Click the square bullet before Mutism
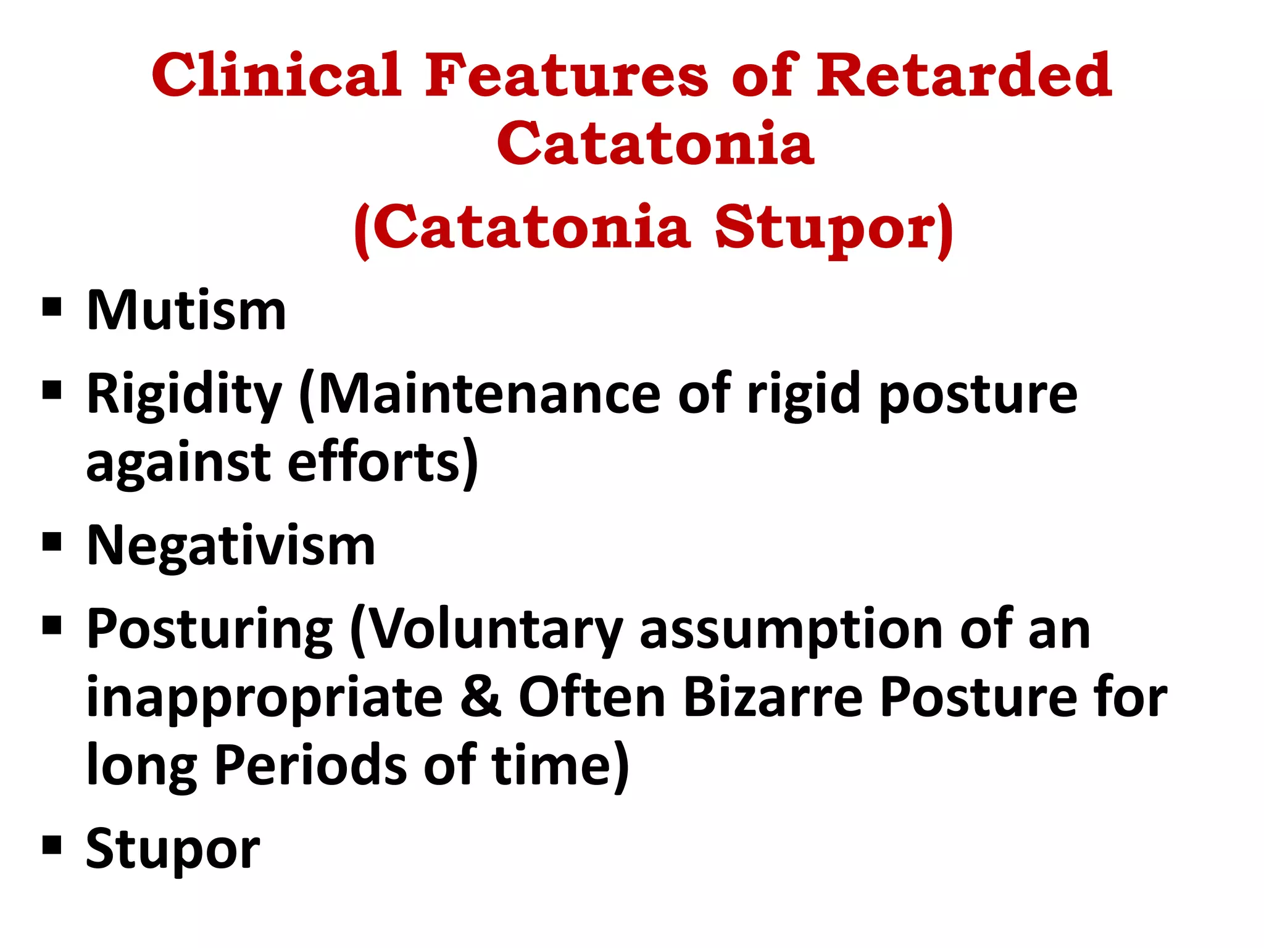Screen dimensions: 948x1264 pos(52,307)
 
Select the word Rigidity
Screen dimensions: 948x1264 pos(184,396)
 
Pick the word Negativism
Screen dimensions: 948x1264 pos(231,546)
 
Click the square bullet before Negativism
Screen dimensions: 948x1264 pos(52,542)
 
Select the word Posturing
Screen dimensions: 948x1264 pos(210,631)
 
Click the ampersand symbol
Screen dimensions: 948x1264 pos(481,697)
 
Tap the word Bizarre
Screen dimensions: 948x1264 pos(773,697)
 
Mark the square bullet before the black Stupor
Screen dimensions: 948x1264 pos(52,844)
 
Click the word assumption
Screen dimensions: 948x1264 pos(790,631)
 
